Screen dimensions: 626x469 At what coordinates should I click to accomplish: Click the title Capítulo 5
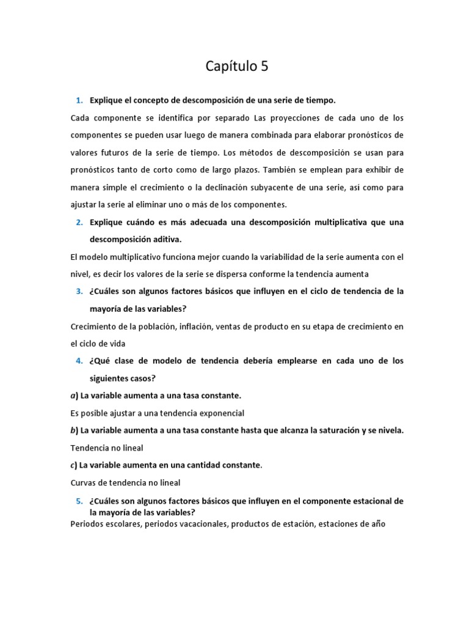(237, 67)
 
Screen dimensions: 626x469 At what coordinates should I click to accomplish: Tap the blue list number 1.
(79, 100)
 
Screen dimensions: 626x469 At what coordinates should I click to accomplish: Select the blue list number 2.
(79, 222)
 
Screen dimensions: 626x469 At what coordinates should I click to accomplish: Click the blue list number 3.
(79, 291)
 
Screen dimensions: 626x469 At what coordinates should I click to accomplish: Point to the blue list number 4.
(79, 361)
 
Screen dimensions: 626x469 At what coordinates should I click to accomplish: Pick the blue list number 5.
(79, 501)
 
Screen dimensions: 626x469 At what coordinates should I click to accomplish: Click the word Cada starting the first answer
(79, 117)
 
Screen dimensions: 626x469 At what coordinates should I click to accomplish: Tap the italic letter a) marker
(73, 396)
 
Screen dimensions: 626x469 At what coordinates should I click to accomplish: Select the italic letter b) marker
(73, 430)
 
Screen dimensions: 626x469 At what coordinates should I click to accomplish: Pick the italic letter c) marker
(73, 465)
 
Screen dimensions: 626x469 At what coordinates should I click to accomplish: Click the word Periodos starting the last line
(88, 524)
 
